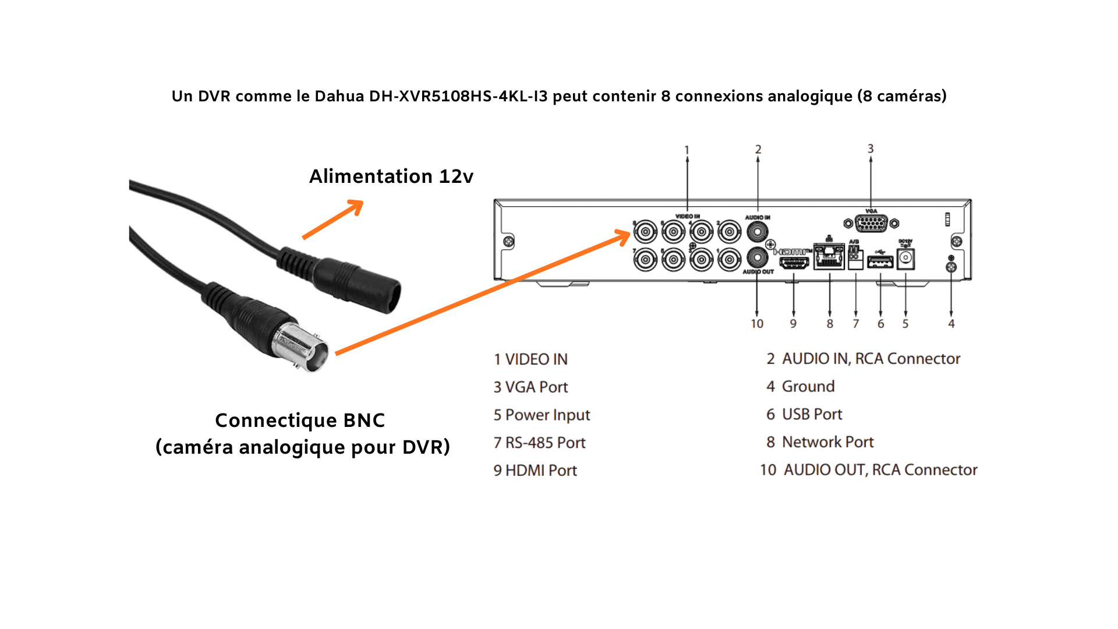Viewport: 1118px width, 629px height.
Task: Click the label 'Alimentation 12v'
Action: pos(391,176)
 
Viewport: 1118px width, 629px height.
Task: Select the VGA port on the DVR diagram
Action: pos(871,223)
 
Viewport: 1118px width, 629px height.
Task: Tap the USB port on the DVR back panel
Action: pos(880,262)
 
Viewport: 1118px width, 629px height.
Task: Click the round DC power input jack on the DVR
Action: pos(905,258)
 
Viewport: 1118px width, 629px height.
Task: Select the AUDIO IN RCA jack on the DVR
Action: pos(757,232)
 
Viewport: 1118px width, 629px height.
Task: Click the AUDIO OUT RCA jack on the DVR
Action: pos(757,257)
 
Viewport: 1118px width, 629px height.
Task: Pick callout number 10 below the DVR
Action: pos(757,324)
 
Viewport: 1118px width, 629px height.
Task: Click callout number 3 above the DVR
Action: pos(871,149)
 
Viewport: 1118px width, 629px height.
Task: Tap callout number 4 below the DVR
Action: pos(951,324)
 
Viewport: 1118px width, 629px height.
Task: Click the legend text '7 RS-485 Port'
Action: pos(539,443)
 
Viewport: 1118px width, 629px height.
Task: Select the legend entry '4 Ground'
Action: pos(800,386)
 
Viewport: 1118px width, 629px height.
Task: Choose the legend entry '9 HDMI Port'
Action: pos(535,471)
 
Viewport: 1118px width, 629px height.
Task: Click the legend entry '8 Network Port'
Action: pos(820,442)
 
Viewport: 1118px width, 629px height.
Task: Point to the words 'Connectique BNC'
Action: pos(300,420)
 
